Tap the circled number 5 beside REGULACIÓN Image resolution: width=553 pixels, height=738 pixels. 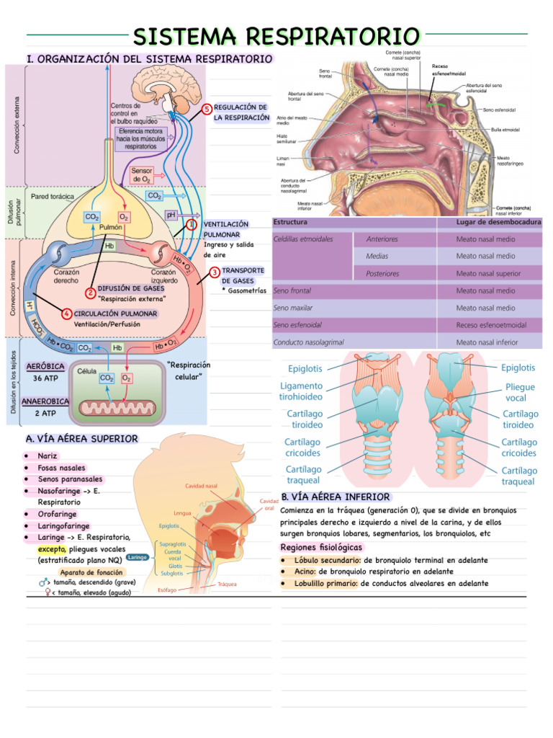(207, 109)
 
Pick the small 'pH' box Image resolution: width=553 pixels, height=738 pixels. (171, 214)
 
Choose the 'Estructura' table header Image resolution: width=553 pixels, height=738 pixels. (290, 222)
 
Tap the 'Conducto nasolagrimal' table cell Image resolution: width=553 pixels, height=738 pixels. (309, 342)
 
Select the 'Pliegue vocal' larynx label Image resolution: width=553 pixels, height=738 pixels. (520, 392)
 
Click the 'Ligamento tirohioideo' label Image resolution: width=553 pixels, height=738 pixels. (301, 391)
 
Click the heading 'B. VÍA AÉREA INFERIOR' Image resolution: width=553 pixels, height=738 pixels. (336, 497)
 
